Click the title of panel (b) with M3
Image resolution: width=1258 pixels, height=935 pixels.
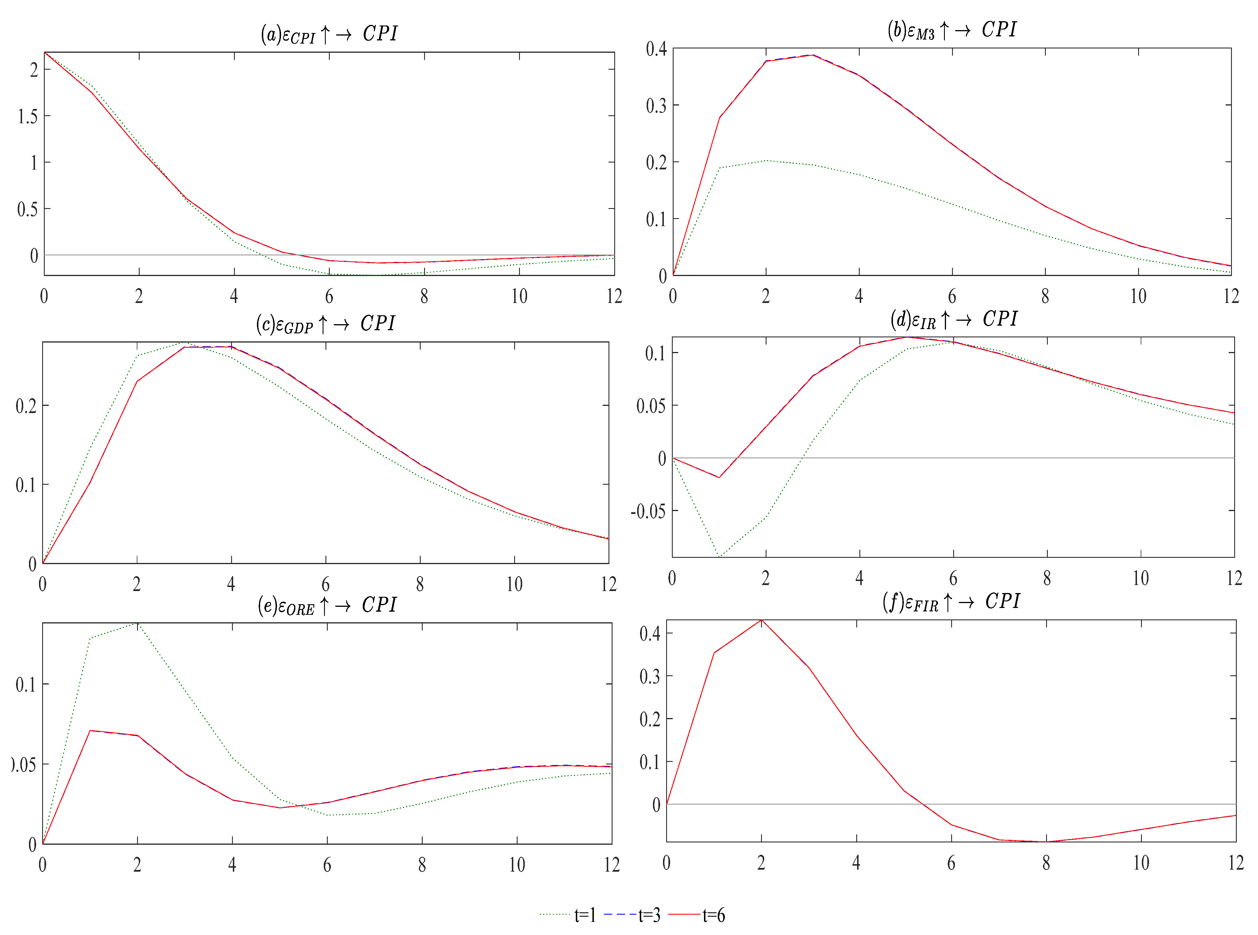coord(951,30)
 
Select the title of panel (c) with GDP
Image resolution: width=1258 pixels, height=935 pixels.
coord(325,324)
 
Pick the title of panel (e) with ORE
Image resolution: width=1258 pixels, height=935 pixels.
coord(327,605)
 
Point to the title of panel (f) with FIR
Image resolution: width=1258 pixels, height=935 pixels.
coord(951,601)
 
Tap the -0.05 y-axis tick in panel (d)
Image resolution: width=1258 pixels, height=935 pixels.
coord(648,511)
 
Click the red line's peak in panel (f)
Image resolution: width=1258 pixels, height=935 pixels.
coord(761,620)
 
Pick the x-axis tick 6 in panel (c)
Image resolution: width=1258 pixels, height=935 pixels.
coord(325,584)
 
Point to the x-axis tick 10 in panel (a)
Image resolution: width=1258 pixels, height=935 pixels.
coord(519,296)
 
